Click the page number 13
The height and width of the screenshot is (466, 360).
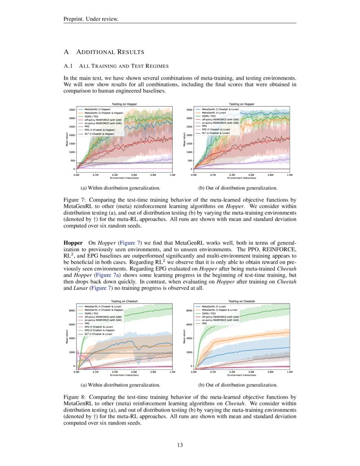[x=180, y=445]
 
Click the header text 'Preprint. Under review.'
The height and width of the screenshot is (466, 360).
[x=91, y=19]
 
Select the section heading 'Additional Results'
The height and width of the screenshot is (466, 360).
[x=110, y=52]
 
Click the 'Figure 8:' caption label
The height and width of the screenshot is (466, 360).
[x=75, y=397]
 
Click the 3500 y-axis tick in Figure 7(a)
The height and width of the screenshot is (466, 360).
[x=72, y=110]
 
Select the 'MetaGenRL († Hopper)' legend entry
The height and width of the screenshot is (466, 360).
[x=97, y=109]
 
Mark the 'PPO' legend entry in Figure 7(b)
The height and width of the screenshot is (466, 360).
[x=205, y=126]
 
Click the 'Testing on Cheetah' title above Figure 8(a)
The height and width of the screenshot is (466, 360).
[x=124, y=301]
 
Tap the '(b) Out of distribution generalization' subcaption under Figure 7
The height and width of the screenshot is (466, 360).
[x=238, y=188]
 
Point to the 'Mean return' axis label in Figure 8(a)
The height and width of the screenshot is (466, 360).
[x=66, y=335]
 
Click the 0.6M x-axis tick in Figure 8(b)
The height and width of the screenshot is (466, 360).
[x=251, y=371]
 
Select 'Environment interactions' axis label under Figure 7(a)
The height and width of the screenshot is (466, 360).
[x=125, y=178]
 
